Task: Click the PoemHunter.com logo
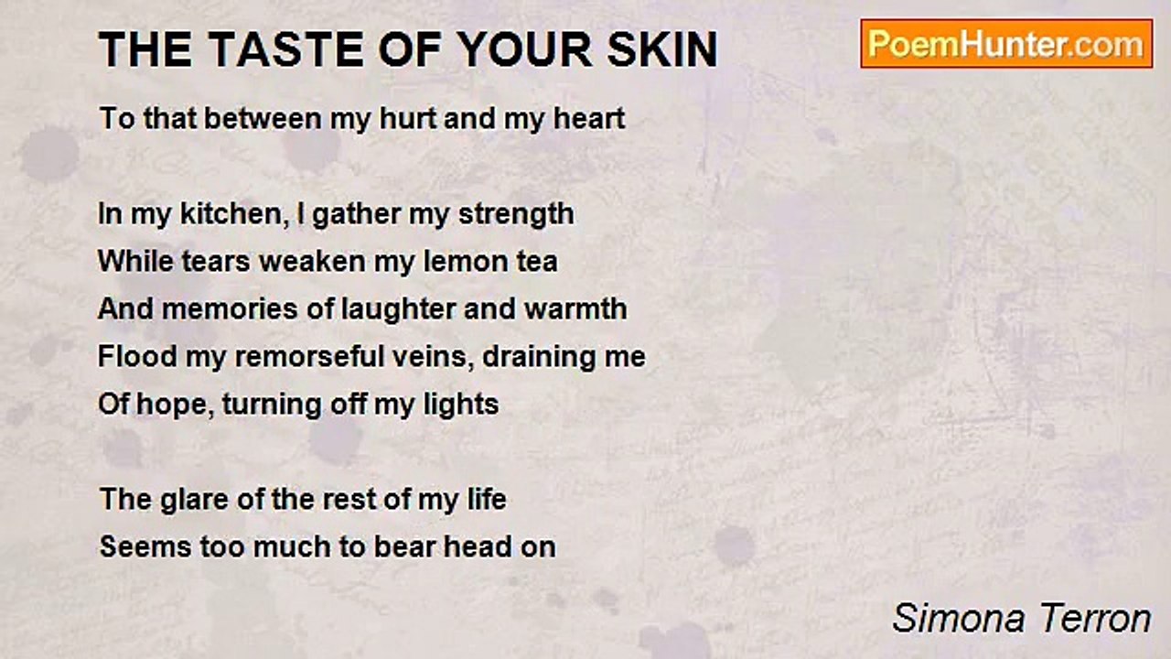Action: pyautogui.click(x=1006, y=44)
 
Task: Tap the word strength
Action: pyautogui.click(x=516, y=215)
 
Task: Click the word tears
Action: pyautogui.click(x=215, y=262)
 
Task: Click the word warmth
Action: pyautogui.click(x=575, y=308)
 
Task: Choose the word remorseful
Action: pyautogui.click(x=309, y=356)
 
